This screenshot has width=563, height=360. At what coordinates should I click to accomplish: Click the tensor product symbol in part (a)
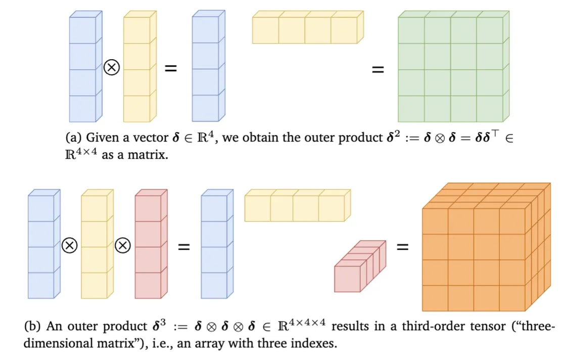112,67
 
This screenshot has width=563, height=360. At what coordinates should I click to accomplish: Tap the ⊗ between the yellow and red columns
123,245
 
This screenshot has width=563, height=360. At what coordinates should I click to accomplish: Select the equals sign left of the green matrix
378,69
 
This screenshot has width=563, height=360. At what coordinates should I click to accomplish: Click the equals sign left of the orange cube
402,246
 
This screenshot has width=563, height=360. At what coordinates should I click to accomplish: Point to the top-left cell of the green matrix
411,30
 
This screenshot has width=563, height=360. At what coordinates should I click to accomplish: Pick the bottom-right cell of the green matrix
490,109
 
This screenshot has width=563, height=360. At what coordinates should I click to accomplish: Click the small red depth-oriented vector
360,266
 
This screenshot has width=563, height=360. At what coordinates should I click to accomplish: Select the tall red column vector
151,244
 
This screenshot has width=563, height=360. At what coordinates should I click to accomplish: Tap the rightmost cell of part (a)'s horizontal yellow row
344,30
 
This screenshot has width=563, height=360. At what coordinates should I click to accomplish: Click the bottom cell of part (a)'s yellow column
136,109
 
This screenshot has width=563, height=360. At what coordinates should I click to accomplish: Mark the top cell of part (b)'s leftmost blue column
41,208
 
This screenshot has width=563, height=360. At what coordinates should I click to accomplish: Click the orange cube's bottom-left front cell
435,298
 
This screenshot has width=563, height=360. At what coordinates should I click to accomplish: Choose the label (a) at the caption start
73,137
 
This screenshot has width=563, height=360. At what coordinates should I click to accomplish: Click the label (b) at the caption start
32,326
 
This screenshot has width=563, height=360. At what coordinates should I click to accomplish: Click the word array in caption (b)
211,344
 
